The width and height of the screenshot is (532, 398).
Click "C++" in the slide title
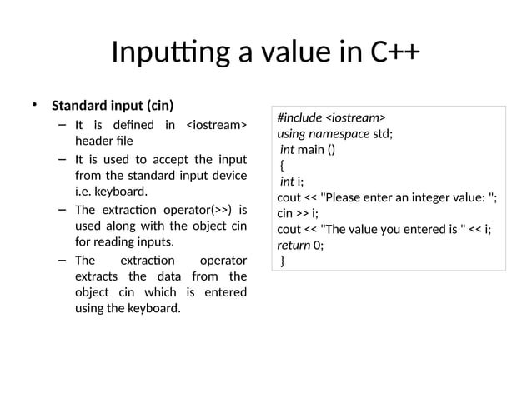391,54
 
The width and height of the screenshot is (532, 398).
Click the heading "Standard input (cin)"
113,106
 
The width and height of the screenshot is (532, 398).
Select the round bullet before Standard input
36,105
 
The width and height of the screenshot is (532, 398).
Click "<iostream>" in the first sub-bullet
215,126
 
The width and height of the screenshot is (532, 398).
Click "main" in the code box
314,150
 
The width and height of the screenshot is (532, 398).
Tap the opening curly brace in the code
283,166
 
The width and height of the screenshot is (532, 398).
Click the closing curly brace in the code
283,261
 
